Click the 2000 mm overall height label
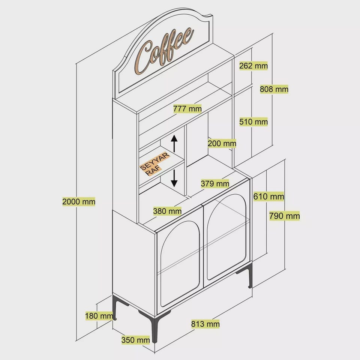(x=79, y=202)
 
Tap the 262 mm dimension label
(x=253, y=66)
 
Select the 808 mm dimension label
(x=274, y=89)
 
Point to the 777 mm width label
(x=187, y=109)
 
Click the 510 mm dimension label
(x=253, y=121)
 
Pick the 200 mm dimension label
(x=222, y=144)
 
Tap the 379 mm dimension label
(x=215, y=184)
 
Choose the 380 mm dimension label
(x=167, y=211)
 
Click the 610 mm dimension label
(x=268, y=196)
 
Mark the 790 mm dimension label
(x=285, y=216)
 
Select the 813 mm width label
(x=205, y=324)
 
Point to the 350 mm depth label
(x=135, y=340)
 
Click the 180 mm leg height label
(x=99, y=316)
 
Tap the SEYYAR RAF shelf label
(x=154, y=163)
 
